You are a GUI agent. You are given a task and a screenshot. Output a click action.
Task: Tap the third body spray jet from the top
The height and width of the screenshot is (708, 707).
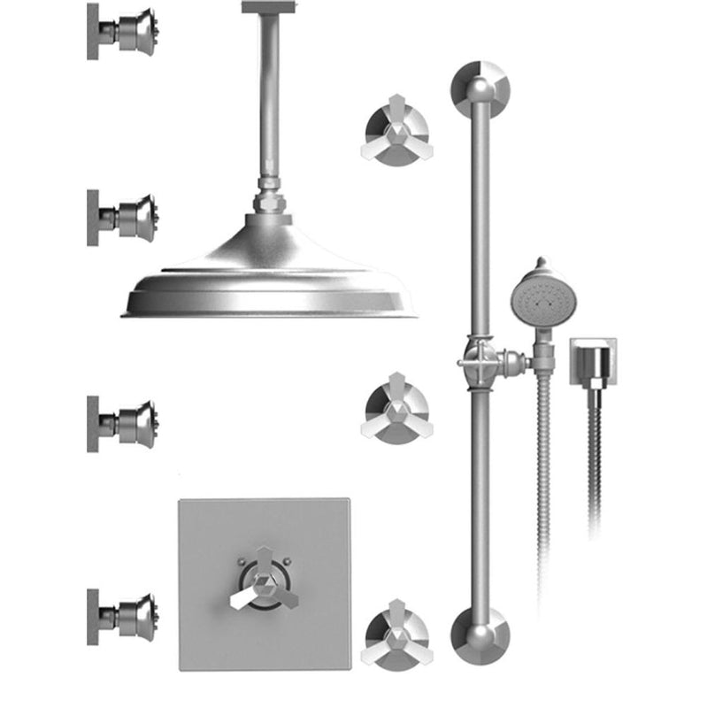point(133,419)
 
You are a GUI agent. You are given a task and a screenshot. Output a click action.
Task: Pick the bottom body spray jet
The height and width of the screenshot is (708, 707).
point(133,612)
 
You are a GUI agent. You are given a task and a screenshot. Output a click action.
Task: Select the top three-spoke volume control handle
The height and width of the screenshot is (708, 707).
point(395,133)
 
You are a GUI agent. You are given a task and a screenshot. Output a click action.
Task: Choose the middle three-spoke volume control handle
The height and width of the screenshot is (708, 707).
point(395,408)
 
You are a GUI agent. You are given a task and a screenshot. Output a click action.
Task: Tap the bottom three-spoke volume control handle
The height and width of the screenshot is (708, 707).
point(395,634)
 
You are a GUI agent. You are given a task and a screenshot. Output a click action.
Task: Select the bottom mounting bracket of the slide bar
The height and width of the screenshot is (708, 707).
point(480,634)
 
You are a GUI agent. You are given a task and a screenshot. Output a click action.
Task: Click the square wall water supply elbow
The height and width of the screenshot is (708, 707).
point(591,361)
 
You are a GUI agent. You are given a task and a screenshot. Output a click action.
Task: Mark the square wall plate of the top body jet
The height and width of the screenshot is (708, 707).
point(93,31)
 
